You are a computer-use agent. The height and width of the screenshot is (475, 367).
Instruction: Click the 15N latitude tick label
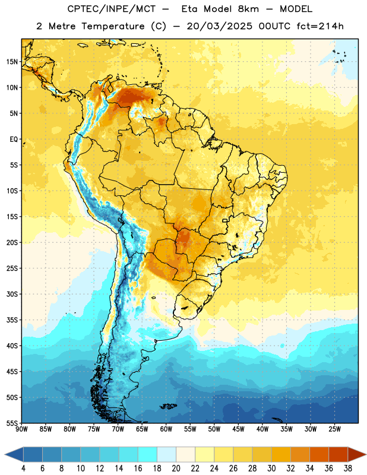[12, 62]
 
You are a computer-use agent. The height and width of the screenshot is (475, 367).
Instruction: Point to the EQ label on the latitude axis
[14, 140]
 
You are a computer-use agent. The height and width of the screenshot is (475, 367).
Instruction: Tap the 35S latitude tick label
[12, 320]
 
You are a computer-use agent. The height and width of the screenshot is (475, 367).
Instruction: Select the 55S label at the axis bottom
[12, 423]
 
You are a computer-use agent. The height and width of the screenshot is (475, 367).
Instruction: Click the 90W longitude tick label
[21, 429]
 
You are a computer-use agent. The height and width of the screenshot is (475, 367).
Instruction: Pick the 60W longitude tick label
[166, 429]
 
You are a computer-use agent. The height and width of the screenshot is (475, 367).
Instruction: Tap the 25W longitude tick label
[334, 429]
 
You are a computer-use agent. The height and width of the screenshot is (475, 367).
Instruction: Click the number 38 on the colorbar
[348, 468]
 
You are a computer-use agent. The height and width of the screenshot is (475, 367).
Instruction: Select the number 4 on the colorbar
[23, 468]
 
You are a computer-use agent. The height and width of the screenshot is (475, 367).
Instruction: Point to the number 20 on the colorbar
[176, 468]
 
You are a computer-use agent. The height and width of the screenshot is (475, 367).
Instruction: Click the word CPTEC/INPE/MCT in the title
[112, 9]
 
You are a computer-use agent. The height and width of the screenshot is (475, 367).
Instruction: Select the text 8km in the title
[248, 9]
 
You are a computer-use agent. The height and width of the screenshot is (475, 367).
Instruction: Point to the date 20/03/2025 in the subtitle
[219, 26]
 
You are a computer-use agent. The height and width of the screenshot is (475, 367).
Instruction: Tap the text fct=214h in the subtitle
[320, 26]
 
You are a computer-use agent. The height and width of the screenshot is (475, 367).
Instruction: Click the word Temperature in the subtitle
[113, 27]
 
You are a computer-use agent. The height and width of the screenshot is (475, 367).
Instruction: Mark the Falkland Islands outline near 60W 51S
[168, 406]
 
